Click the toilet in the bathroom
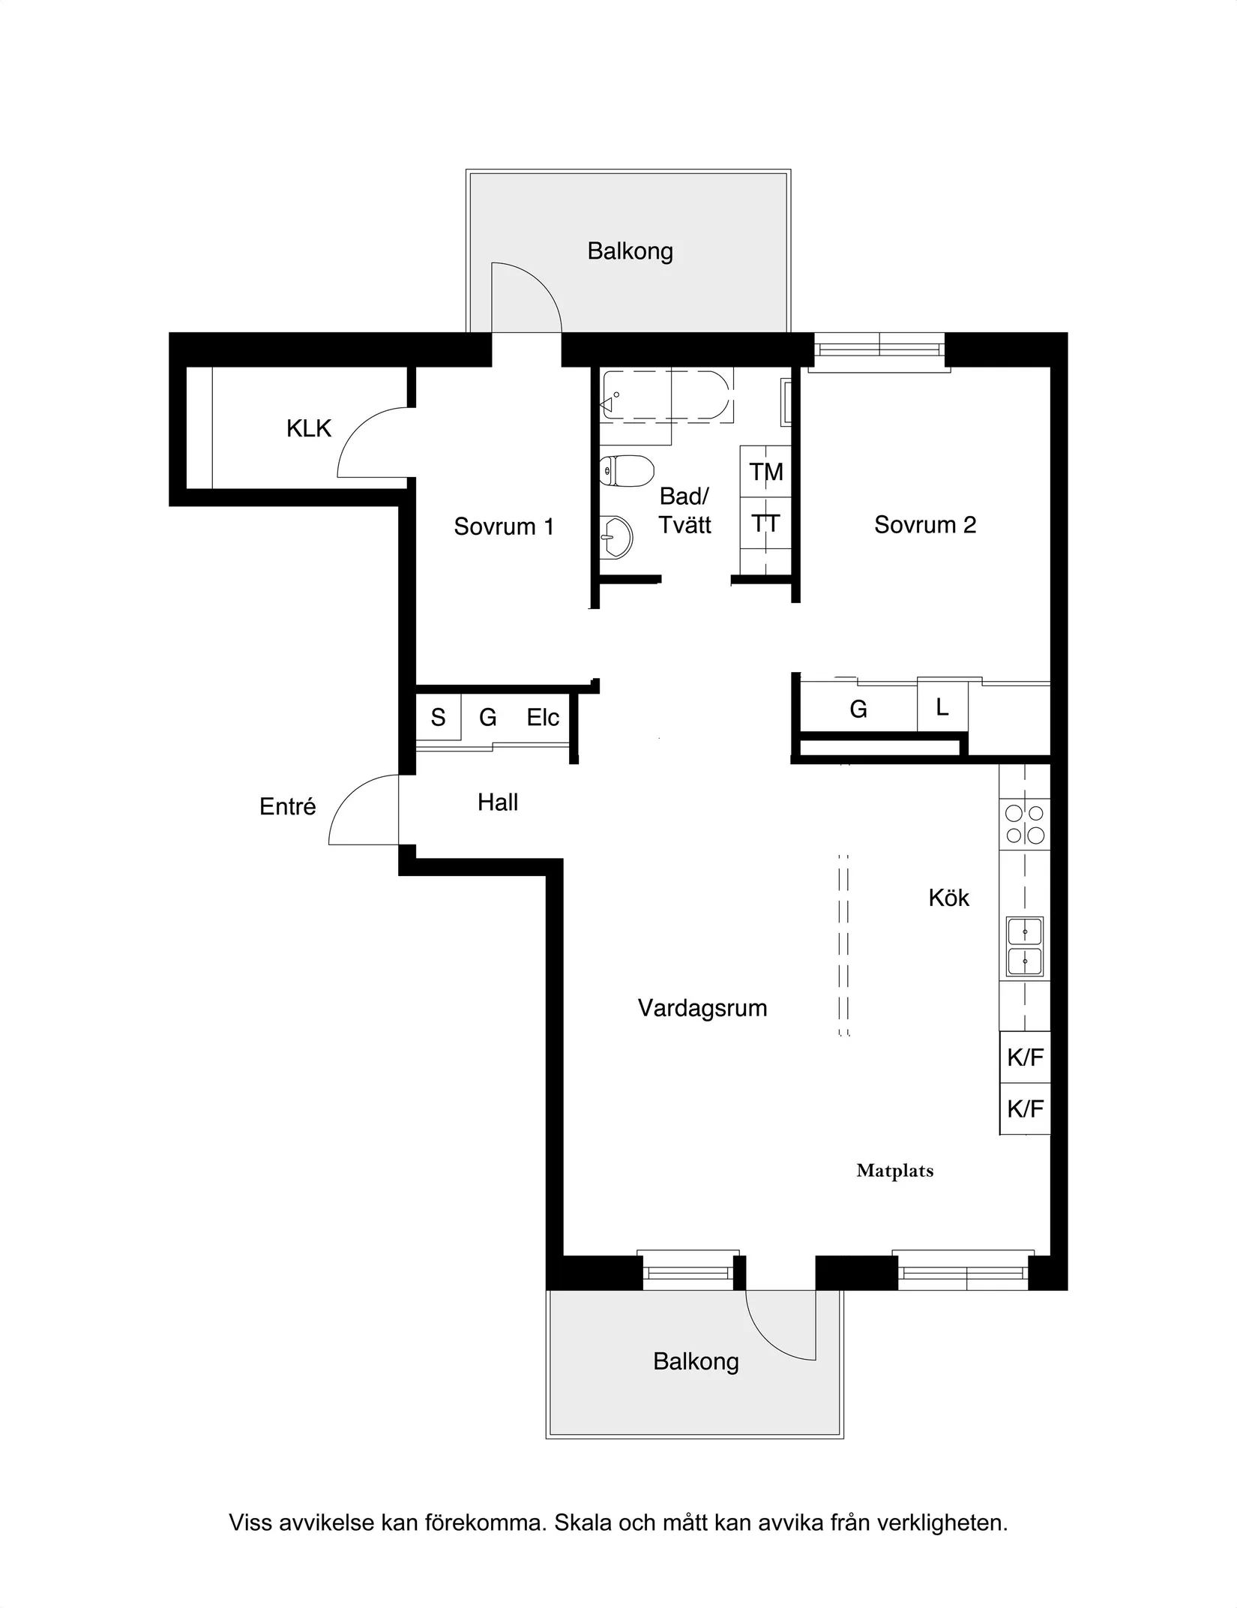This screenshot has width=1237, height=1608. click(x=627, y=471)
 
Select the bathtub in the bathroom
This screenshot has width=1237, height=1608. click(x=666, y=396)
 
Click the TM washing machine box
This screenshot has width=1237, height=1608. click(x=765, y=471)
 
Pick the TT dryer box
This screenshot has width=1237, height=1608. click(x=765, y=523)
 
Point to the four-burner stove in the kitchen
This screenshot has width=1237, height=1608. click(x=1025, y=824)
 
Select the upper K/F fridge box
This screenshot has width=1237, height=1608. click(x=1025, y=1057)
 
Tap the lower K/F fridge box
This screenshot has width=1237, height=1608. click(x=1025, y=1108)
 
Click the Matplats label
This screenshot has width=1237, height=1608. click(x=895, y=1171)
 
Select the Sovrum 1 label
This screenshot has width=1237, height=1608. click(x=504, y=526)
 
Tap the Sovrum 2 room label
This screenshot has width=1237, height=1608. click(x=925, y=525)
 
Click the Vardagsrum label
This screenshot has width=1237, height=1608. click(x=702, y=1009)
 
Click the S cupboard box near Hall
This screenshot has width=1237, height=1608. click(x=439, y=717)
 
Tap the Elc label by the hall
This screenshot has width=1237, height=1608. click(x=543, y=718)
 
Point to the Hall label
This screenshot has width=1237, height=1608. click(x=498, y=802)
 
